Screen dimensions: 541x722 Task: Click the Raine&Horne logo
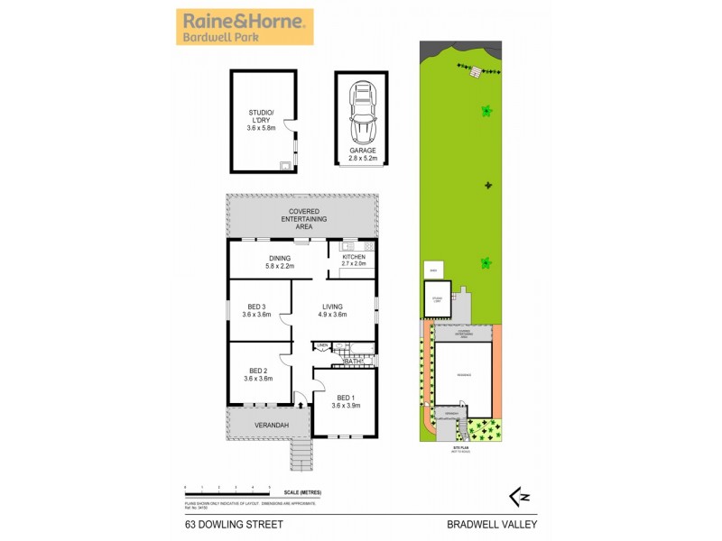[245, 27]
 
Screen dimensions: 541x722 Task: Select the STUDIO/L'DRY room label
[263, 121]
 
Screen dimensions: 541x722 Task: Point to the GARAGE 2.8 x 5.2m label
[362, 154]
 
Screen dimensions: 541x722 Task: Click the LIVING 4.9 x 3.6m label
[333, 310]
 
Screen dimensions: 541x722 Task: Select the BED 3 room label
[257, 310]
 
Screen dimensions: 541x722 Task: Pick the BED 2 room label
[257, 375]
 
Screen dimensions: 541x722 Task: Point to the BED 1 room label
[346, 401]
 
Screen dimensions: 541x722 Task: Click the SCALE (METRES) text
[302, 491]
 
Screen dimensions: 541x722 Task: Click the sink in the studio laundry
[284, 166]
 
